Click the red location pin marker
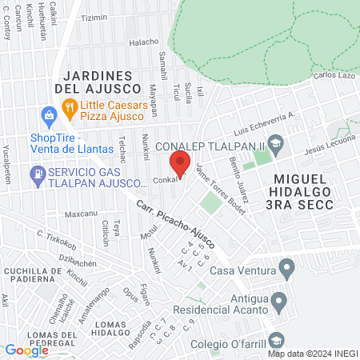click(180, 165)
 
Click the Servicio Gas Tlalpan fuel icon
click(37, 173)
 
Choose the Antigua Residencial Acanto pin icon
click(278, 302)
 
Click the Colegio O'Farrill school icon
click(275, 338)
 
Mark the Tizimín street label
click(94, 18)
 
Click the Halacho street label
click(145, 42)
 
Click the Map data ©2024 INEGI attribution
click(311, 353)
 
